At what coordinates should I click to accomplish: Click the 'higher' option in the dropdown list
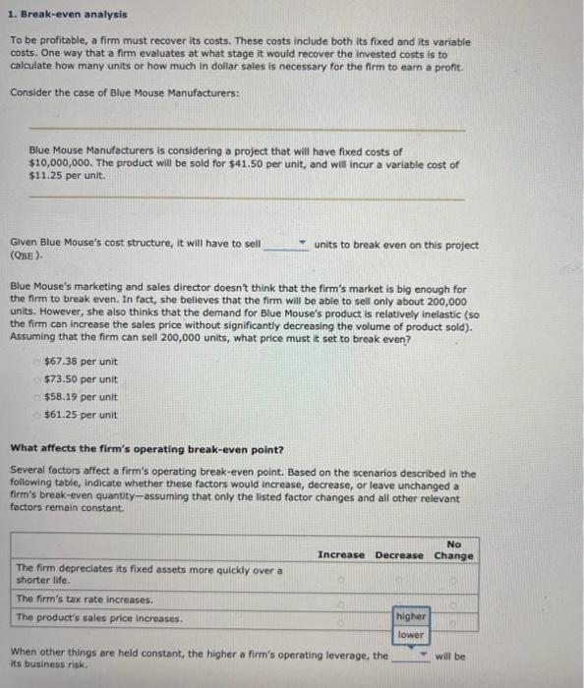point(410,616)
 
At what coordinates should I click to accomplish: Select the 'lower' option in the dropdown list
point(410,635)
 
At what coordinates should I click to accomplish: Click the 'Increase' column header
point(340,555)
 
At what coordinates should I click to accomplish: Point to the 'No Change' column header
point(453,549)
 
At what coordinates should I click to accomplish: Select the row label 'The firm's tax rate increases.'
point(85,599)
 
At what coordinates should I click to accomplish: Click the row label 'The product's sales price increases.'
point(99,617)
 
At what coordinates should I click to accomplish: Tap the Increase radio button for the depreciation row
point(340,578)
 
